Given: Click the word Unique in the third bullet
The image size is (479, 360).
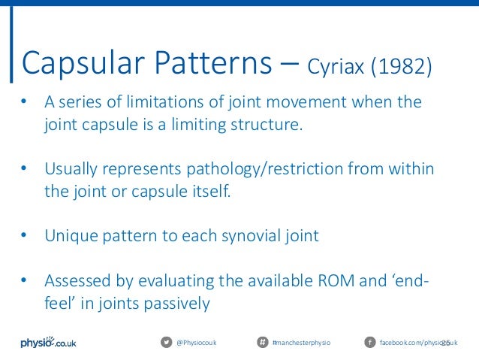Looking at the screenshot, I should [70, 236].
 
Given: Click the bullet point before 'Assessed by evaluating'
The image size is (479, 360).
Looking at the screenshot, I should [25, 282].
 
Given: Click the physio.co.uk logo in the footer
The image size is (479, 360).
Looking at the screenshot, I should [47, 342].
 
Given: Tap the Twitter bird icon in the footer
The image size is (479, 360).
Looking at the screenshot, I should [166, 343].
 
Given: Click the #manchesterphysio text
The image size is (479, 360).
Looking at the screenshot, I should [300, 343].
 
